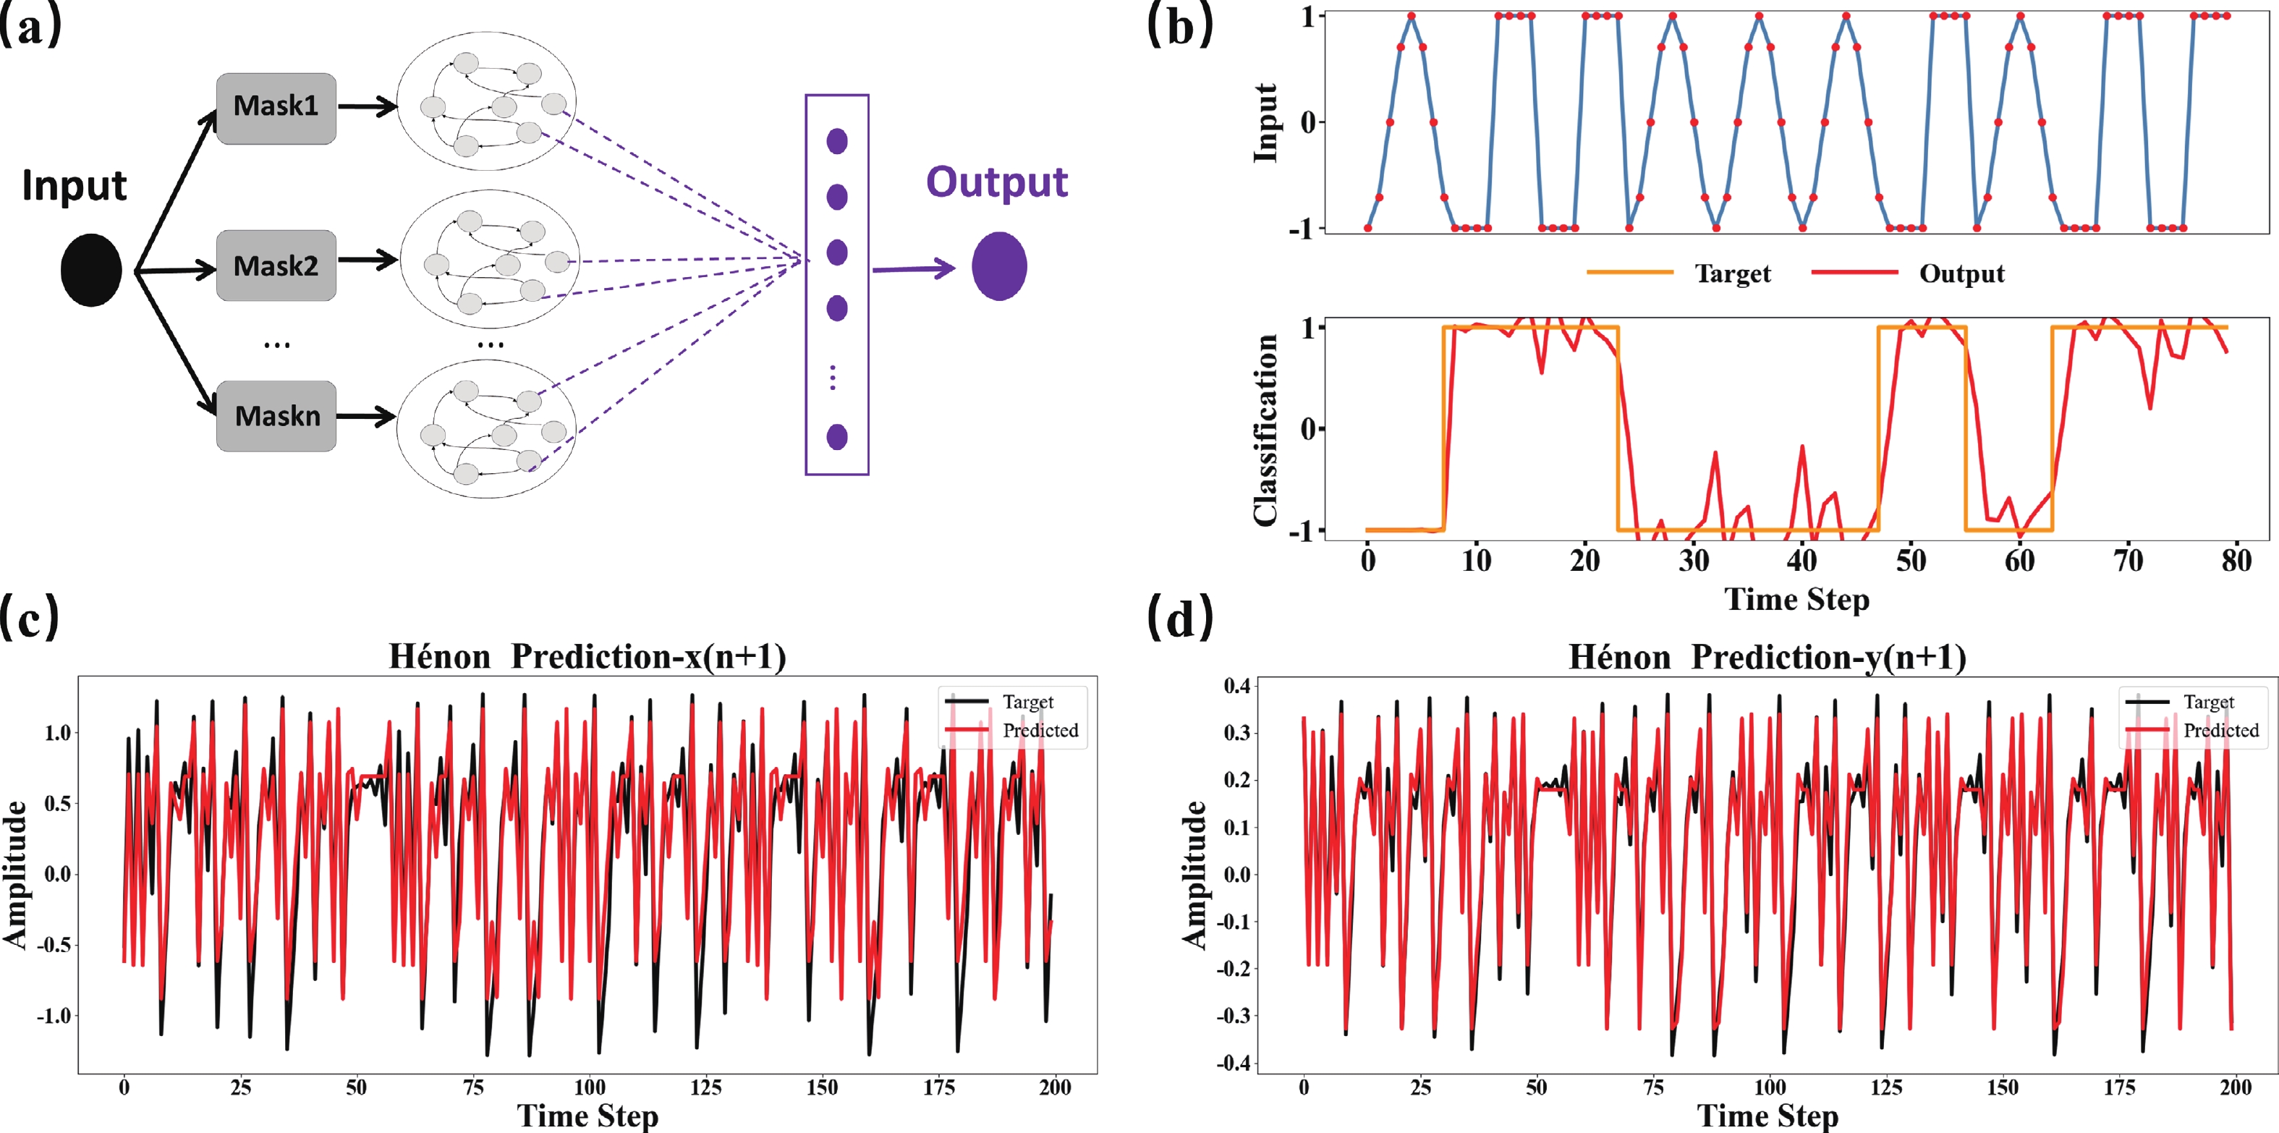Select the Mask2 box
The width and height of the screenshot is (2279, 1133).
[276, 266]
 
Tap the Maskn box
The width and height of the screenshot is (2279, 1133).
[276, 416]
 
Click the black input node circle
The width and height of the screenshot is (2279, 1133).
[91, 270]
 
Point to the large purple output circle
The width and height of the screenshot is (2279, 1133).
[999, 266]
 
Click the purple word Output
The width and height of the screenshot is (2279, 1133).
[996, 182]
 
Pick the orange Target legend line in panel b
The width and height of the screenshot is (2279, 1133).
[1629, 273]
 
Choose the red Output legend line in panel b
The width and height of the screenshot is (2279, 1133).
[1854, 273]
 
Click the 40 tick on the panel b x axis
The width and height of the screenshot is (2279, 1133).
[1802, 561]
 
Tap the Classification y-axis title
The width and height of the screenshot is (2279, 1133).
[1265, 430]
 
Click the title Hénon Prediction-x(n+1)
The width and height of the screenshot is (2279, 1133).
[587, 657]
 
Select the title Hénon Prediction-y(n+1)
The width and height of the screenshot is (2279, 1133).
[1767, 657]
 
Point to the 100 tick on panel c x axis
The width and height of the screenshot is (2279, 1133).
[589, 1087]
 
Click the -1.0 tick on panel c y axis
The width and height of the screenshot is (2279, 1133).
[54, 1015]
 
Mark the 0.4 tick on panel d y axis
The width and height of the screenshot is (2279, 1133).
[1237, 685]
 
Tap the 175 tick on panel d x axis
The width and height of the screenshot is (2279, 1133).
[2119, 1087]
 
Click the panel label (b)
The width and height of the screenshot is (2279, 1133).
[1180, 27]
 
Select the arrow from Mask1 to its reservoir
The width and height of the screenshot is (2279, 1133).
[367, 107]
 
